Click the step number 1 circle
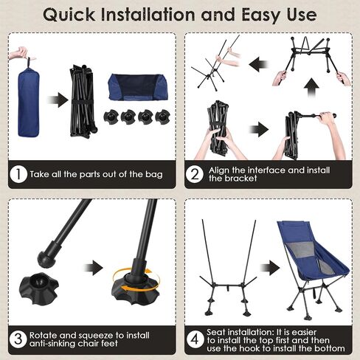point(18,174)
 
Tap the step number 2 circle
point(195,174)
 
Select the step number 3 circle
point(18,339)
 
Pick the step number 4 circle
point(195,339)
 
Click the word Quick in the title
point(69,15)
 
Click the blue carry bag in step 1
point(28,102)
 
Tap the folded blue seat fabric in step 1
point(138,87)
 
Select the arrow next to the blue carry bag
point(58,100)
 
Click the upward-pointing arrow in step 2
point(311,88)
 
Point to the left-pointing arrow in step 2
point(258,64)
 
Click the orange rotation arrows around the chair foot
point(136,280)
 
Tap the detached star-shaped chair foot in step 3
point(39,288)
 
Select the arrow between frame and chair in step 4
point(270,268)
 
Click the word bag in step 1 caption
point(154,175)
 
